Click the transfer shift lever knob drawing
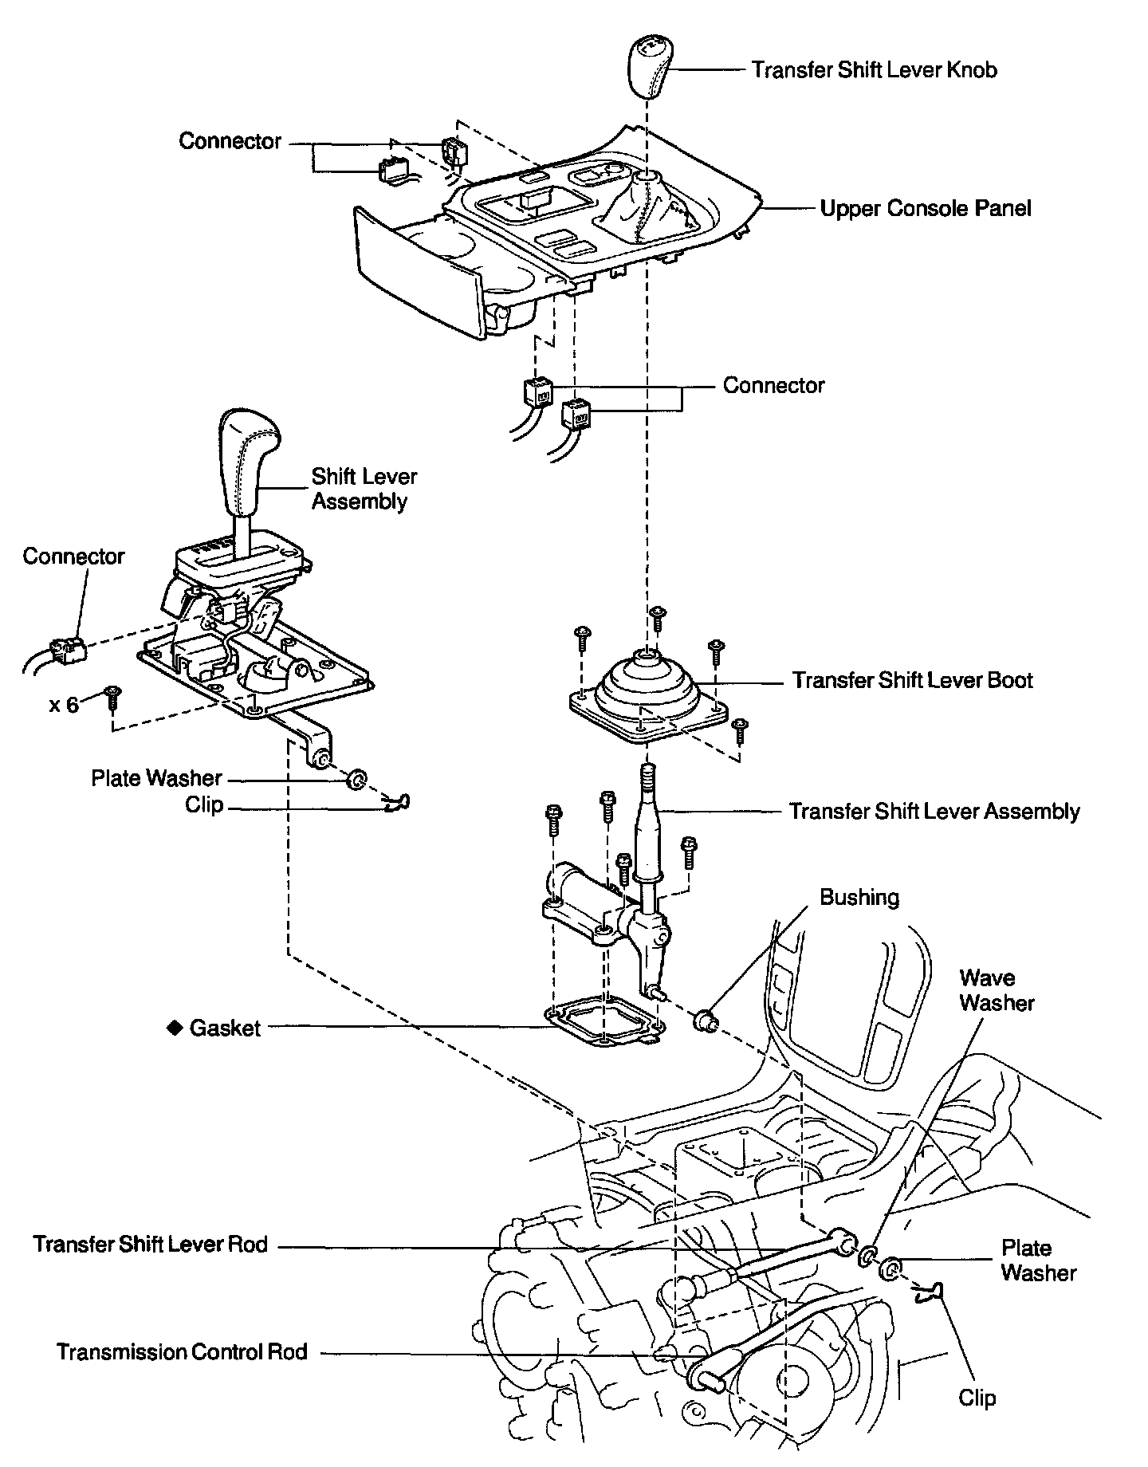pyautogui.click(x=647, y=67)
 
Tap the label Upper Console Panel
pyautogui.click(x=926, y=209)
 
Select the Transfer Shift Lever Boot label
pyautogui.click(x=912, y=681)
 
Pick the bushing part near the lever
pyautogui.click(x=705, y=1019)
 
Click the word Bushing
pyautogui.click(x=859, y=898)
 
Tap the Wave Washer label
pyautogui.click(x=996, y=990)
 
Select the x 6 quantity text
pyautogui.click(x=65, y=705)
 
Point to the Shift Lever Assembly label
pyautogui.click(x=364, y=489)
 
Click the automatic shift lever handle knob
pyautogui.click(x=248, y=462)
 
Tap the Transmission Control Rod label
pyautogui.click(x=182, y=1352)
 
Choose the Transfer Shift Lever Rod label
pyautogui.click(x=151, y=1245)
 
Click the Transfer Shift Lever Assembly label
pyautogui.click(x=934, y=812)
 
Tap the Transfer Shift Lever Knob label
pyautogui.click(x=874, y=70)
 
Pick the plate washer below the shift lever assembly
pyautogui.click(x=357, y=778)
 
